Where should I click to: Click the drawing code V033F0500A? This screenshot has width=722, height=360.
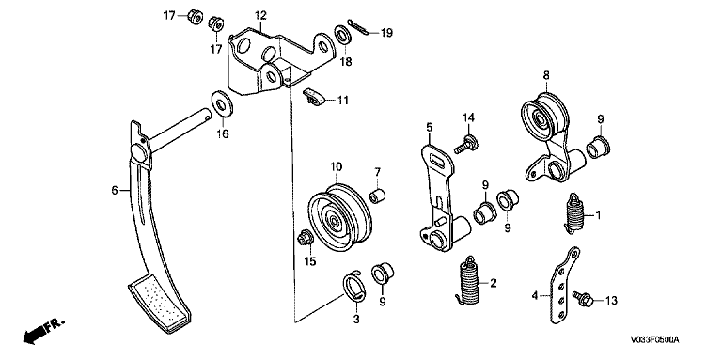[654, 340]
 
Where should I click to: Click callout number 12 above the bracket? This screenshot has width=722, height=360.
[260, 16]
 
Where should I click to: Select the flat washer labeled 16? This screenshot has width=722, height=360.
[222, 104]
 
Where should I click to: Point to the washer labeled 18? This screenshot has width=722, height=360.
[342, 36]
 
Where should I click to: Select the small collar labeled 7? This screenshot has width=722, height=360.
[378, 196]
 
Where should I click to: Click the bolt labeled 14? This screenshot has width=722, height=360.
[465, 144]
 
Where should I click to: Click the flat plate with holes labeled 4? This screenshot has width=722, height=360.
[564, 286]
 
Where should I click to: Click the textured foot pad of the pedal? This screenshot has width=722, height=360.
[159, 303]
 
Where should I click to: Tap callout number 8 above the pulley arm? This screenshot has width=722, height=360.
[546, 75]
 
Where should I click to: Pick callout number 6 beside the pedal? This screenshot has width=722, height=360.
[115, 190]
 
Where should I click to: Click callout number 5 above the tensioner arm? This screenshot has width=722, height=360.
[429, 127]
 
